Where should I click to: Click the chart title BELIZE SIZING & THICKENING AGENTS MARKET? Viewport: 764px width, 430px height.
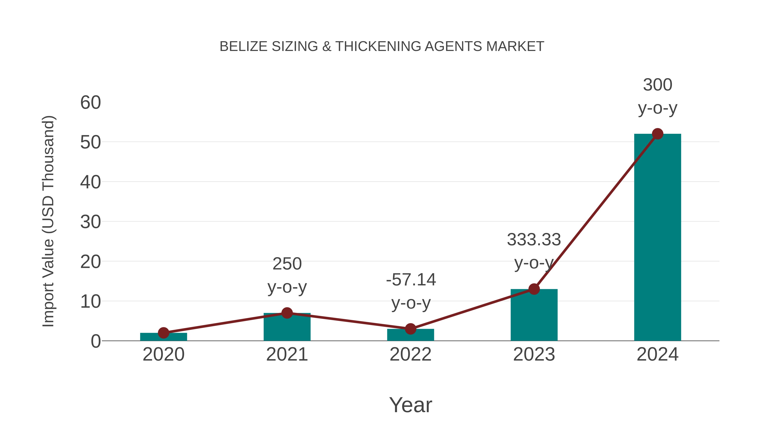382,47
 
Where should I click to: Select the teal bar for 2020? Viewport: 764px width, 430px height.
163,337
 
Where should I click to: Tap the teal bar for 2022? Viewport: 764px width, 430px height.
410,335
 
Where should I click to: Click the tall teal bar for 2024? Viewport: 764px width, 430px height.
657,237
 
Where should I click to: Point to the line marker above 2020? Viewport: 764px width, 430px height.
163,333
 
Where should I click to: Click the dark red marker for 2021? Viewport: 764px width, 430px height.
287,313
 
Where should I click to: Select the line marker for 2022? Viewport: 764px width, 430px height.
410,329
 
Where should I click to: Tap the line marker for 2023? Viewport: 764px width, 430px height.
534,289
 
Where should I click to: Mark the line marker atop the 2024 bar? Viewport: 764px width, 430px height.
657,134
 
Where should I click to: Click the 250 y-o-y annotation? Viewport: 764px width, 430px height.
287,275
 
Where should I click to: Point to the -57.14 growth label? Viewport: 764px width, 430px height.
411,291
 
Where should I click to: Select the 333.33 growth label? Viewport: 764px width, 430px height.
534,251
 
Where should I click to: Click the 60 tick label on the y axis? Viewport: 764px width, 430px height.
90,103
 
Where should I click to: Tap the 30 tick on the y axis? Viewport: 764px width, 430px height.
90,222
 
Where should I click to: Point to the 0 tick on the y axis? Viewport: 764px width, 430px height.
96,341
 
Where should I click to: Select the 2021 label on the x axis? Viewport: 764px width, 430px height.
287,355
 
